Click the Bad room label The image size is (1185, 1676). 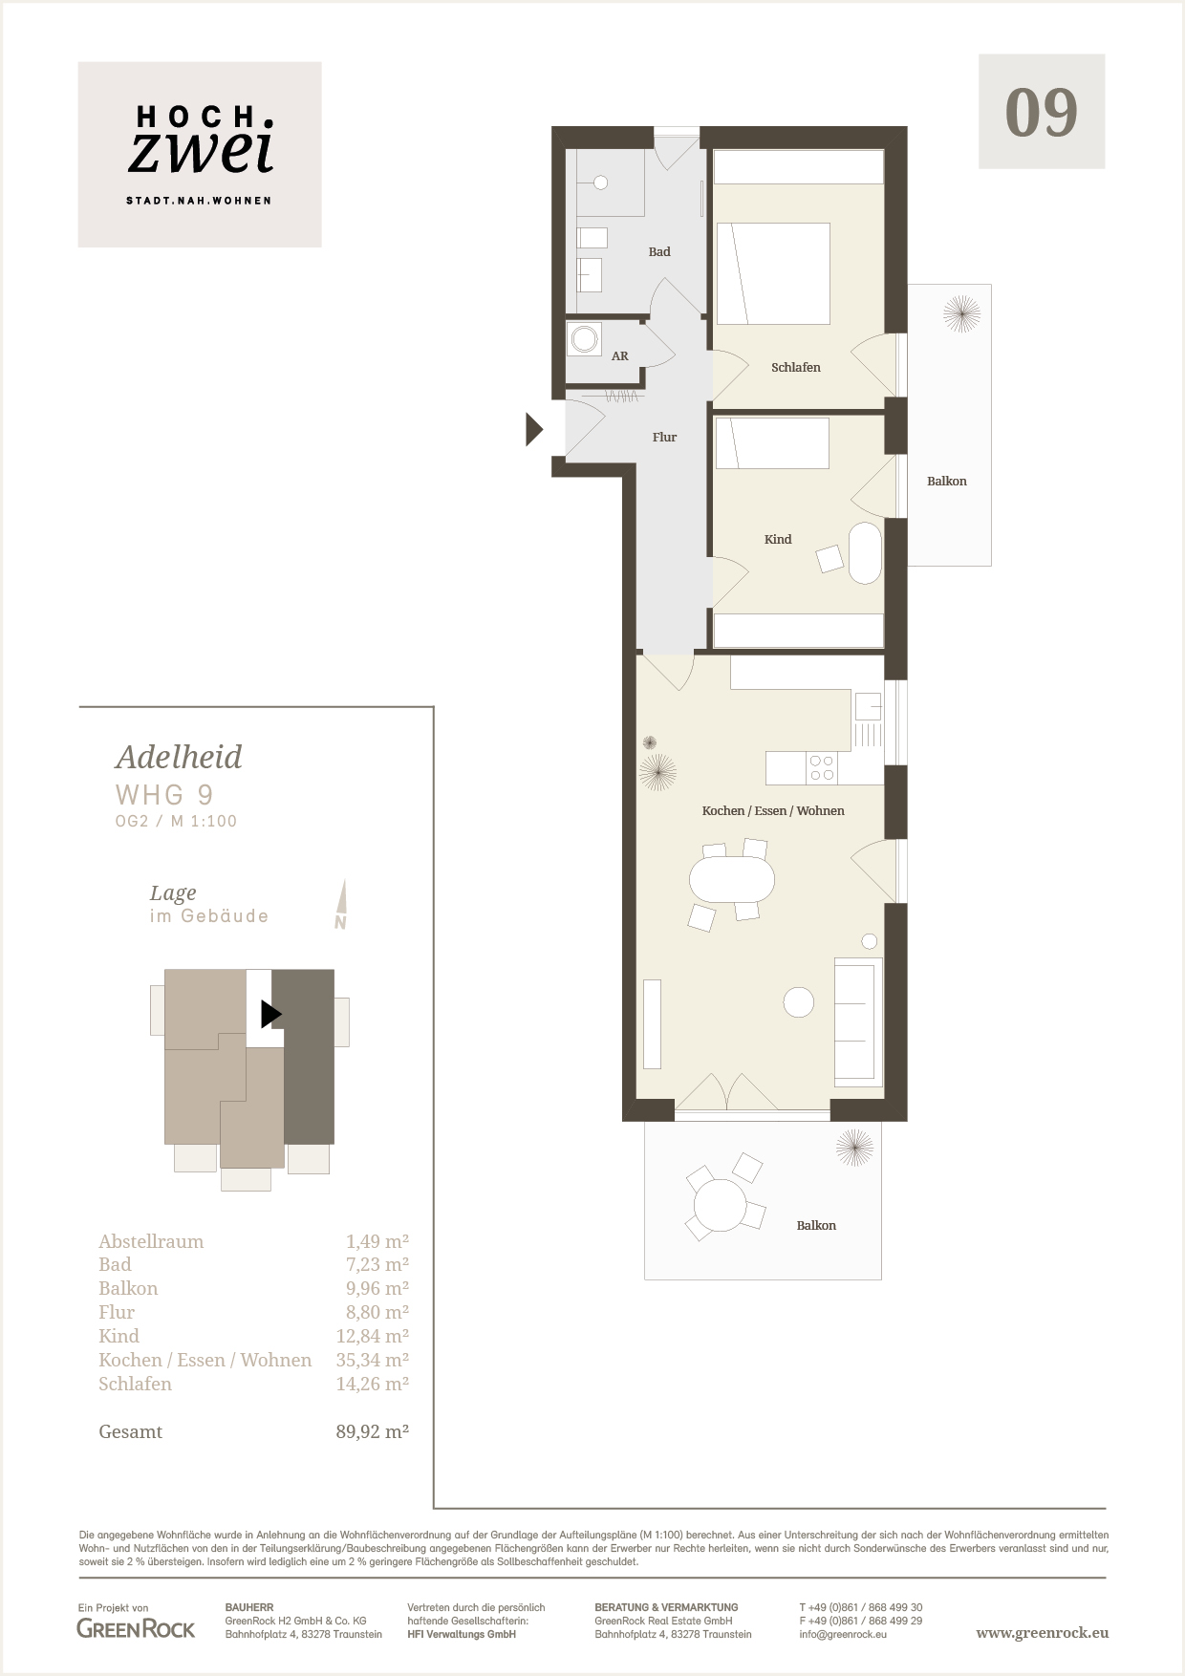point(659,252)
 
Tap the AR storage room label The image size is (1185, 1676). point(620,356)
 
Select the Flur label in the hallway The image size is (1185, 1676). point(664,438)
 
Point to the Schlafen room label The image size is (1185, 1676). point(796,367)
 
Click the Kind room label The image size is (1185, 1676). point(778,540)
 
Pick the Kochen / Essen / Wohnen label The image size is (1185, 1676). point(773,811)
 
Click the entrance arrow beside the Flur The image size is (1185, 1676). point(535,430)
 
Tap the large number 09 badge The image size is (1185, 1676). point(1042,112)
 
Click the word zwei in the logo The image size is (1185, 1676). point(202,152)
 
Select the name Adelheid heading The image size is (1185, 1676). point(179,757)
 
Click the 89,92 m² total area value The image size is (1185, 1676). point(372,1431)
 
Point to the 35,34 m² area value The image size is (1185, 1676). point(372,1360)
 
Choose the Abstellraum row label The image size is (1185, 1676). point(151,1241)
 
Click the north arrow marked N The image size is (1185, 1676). point(341,904)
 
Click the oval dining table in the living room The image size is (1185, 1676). point(732,880)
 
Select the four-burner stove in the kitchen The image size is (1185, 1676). point(822,768)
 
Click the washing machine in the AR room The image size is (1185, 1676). point(584,338)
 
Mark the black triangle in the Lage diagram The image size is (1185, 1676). point(271,1013)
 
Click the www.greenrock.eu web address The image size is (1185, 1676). point(1043,1632)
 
